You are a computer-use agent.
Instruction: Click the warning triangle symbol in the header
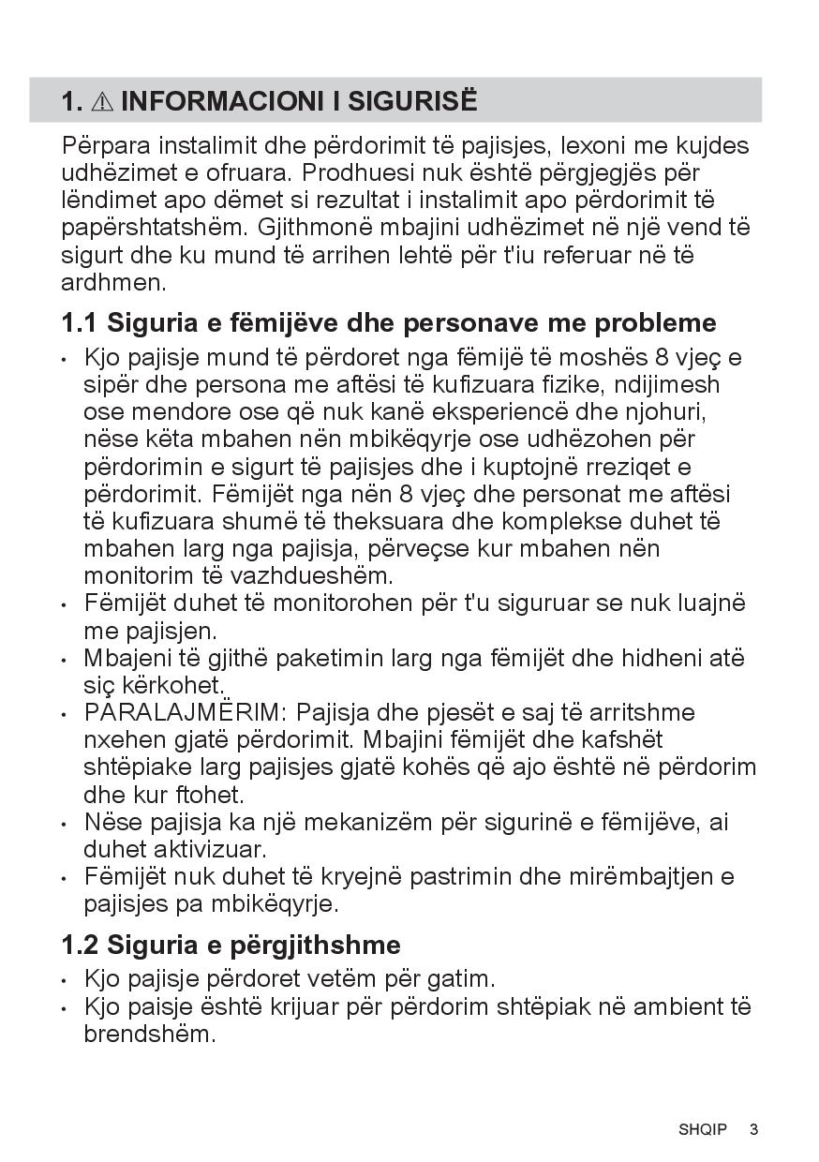coord(102,101)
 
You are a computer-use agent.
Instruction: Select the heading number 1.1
coord(80,323)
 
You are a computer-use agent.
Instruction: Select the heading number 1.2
coord(80,944)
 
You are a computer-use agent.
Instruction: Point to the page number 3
coord(753,1129)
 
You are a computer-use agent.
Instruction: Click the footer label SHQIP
coord(703,1129)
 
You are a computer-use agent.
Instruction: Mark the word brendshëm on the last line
coord(149,1035)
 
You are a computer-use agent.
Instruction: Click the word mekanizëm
coord(398,823)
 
